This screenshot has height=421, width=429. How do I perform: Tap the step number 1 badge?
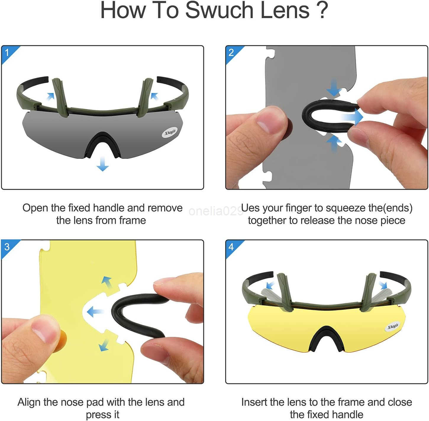(x=7, y=52)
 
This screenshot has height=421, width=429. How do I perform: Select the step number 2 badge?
(x=231, y=52)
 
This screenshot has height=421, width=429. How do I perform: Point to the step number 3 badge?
(x=7, y=247)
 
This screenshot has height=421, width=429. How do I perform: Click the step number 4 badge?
(x=231, y=247)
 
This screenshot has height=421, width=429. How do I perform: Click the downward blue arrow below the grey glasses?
(x=103, y=164)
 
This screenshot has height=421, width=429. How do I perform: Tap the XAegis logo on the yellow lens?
(x=393, y=326)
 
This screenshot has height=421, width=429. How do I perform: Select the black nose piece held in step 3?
(x=133, y=314)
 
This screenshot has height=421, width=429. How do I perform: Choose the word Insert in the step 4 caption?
(x=254, y=402)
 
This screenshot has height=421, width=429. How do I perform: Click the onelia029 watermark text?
(x=215, y=211)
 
